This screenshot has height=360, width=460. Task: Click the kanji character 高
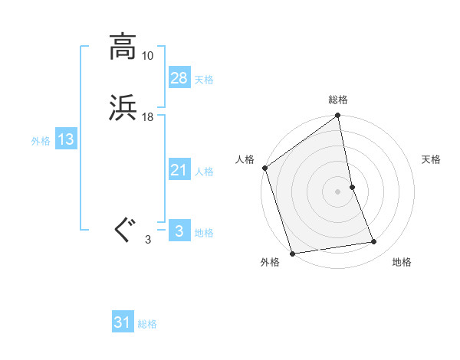123,47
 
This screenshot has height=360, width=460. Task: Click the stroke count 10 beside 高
148,56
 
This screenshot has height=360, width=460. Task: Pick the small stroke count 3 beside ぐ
148,240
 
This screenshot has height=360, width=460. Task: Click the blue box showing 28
179,77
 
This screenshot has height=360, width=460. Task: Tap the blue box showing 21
179,170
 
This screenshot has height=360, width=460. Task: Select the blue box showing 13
65,139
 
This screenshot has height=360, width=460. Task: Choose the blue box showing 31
123,322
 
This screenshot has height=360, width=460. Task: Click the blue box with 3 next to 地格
179,231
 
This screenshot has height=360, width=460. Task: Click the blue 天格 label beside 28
204,79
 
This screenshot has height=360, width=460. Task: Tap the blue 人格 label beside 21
204,172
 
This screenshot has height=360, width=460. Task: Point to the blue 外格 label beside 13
41,141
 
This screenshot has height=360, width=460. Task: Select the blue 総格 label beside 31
147,324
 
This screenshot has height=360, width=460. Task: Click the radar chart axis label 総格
338,100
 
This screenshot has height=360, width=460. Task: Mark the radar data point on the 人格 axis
264,168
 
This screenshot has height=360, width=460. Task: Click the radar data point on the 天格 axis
352,187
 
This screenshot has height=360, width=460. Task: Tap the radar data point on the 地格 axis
374,242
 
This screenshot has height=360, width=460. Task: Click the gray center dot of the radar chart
337,191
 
